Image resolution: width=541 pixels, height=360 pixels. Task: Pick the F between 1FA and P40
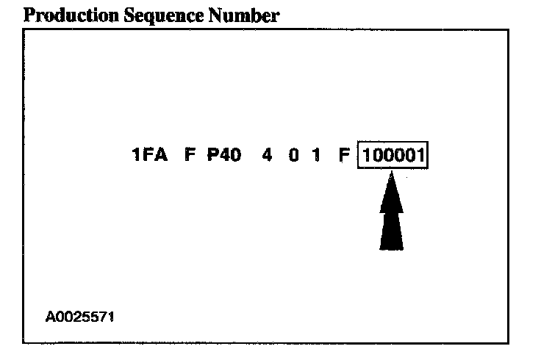189,156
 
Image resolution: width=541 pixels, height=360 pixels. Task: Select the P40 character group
224,156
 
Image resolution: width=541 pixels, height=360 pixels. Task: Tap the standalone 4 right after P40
268,156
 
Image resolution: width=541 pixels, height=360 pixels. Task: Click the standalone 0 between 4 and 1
293,156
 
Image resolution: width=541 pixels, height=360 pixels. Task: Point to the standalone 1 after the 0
315,156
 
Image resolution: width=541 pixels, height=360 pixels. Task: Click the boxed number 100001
394,156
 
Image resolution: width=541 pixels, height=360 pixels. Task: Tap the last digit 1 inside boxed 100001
421,156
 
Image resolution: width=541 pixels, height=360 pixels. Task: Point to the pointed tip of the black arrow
392,173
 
